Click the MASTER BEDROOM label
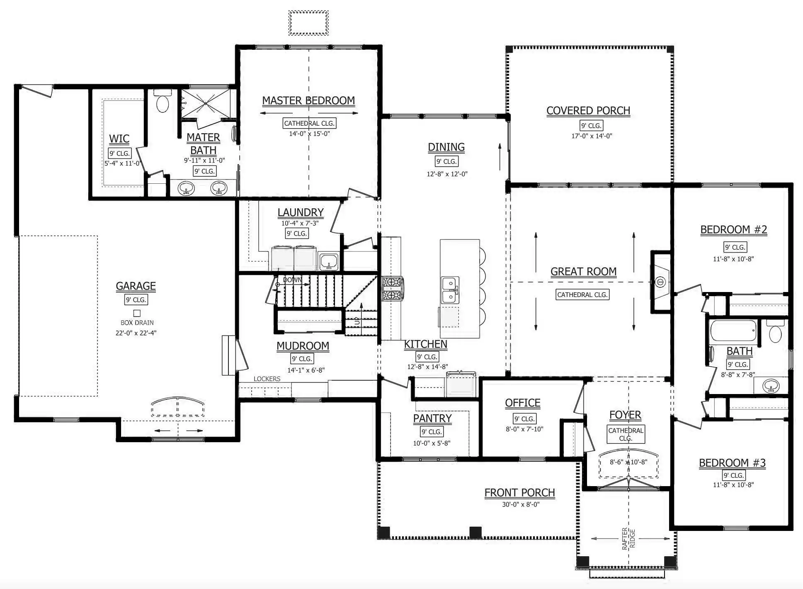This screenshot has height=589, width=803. coord(308,101)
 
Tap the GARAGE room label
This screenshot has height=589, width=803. coord(136,286)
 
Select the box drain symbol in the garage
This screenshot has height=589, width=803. coord(137,313)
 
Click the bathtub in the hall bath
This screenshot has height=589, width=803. coord(733,331)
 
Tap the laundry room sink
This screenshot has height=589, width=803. coord(328,262)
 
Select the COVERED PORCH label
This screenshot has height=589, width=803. coord(588,111)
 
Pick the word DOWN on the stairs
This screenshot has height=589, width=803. coord(292,280)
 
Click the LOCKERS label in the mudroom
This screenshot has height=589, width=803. coord(267,379)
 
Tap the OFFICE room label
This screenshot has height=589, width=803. coord(523,403)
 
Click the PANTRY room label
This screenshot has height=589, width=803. coord(432,419)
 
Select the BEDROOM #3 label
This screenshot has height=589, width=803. coord(732,463)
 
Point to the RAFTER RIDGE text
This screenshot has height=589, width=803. coord(628,538)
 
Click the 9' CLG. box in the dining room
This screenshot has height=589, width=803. coord(446,162)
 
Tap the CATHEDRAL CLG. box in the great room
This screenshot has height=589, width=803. coord(582,295)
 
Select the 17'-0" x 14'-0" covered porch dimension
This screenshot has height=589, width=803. coord(592,136)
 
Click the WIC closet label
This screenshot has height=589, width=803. coord(119,139)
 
